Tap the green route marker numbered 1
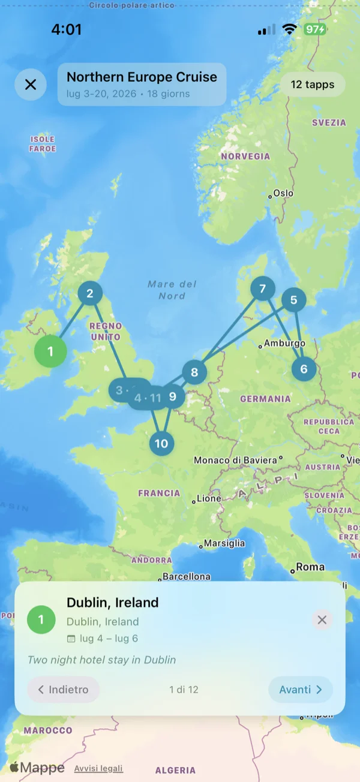tap(50, 351)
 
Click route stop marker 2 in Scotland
tap(90, 293)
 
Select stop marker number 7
tap(262, 289)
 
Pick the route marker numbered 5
tap(293, 300)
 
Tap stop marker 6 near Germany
tap(304, 368)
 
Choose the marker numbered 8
tap(194, 372)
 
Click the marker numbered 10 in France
tap(161, 444)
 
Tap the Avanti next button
tap(300, 690)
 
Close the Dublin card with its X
tap(322, 619)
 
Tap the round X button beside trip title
tap(31, 85)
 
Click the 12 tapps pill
tap(313, 85)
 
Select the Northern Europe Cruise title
tap(142, 77)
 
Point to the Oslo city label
tap(283, 194)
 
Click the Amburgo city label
tap(284, 344)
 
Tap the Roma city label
tap(310, 567)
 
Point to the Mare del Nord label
tap(172, 290)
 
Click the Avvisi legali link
tap(98, 768)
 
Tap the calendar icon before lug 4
tap(71, 638)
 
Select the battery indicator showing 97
tap(315, 29)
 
